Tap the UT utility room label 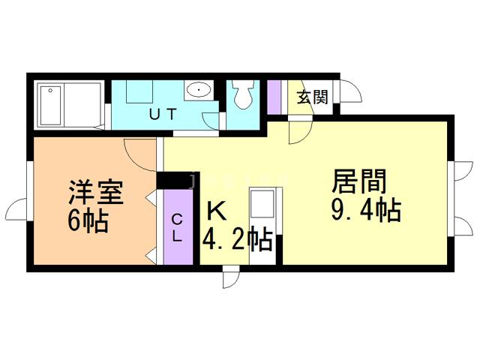coord(162,115)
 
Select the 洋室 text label coord(94,193)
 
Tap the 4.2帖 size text coord(237,239)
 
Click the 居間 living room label coord(360,182)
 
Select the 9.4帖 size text coord(365,211)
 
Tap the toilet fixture coord(242,95)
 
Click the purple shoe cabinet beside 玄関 coord(274,96)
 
